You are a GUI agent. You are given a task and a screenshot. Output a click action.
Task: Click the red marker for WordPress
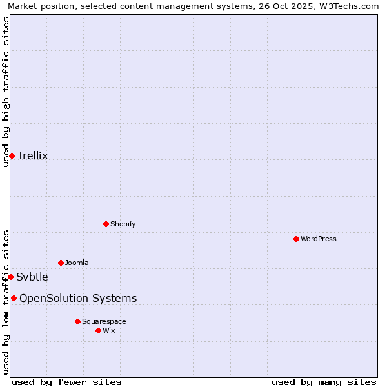296,239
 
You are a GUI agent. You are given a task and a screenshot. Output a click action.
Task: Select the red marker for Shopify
106,224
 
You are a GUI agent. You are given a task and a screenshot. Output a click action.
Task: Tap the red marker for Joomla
61,263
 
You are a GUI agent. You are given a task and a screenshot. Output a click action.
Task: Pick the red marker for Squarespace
77,321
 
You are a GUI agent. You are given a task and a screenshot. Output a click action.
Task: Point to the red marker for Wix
98,330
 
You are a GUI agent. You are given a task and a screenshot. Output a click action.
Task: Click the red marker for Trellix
12,155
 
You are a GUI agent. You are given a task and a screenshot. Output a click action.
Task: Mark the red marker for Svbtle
10,277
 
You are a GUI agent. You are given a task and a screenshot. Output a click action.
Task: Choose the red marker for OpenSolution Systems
14,298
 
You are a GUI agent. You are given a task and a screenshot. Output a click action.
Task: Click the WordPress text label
319,239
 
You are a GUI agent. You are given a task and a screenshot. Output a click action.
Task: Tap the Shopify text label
123,224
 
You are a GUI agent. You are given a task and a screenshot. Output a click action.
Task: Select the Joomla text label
77,263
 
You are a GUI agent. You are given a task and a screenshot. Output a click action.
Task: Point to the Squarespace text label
104,321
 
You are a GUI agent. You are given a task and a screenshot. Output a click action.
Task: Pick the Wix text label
109,330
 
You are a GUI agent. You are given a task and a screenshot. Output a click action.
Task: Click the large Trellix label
33,155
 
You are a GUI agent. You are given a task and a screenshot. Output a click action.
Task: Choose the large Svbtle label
32,277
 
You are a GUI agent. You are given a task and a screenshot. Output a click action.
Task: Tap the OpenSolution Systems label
78,298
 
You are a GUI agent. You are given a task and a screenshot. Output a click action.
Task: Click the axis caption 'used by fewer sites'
66,382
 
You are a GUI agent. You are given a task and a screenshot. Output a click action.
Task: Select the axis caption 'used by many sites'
324,382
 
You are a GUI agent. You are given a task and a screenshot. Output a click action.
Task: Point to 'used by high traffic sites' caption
6,92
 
